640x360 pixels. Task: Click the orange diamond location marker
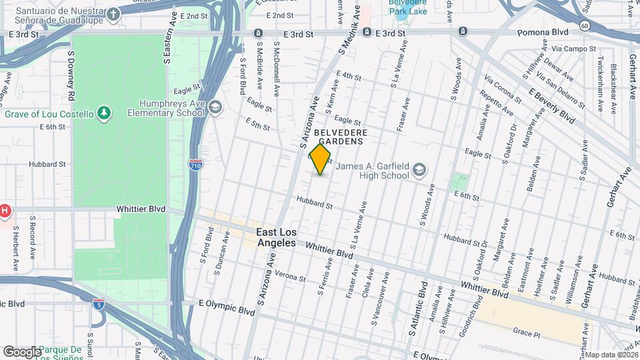320,159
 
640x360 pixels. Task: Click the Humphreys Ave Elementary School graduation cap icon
215,107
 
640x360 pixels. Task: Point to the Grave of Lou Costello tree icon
103,114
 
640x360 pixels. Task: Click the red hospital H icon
5,212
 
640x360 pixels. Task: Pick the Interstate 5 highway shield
97,303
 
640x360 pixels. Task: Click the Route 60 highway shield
585,25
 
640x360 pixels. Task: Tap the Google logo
21,351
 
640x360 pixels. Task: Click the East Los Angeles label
276,237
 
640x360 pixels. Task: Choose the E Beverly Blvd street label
551,105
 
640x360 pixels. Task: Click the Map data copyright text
611,354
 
